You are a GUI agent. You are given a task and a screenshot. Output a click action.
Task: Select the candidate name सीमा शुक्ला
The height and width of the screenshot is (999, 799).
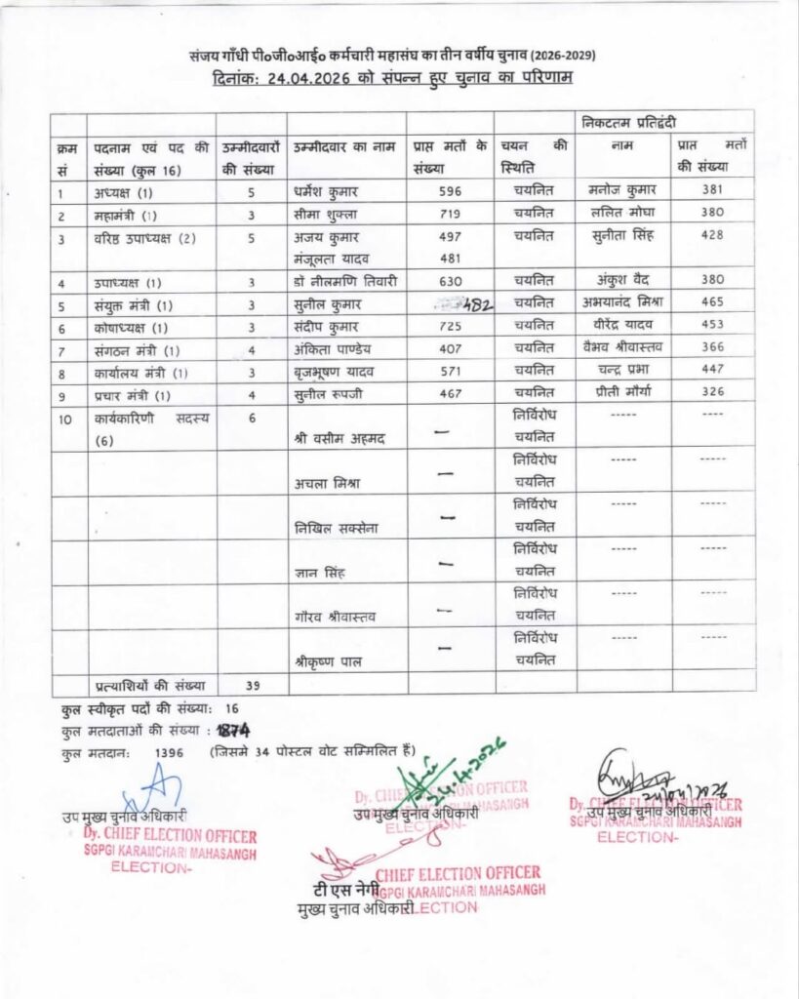(326, 214)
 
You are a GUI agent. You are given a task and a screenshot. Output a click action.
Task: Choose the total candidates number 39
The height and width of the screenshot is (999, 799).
(252, 685)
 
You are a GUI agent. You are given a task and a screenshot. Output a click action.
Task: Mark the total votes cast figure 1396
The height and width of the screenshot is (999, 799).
(170, 752)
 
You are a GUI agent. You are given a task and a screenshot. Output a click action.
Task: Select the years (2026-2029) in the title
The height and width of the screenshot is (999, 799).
(559, 55)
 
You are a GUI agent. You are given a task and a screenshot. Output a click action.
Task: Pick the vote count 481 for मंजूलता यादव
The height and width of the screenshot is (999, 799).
(449, 259)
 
